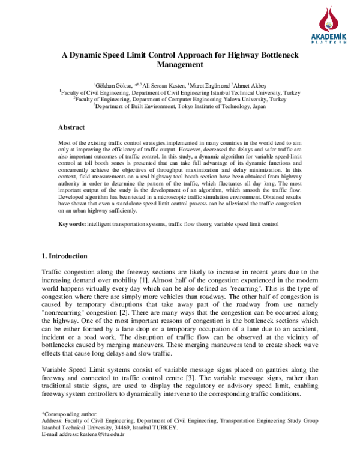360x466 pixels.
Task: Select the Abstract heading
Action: click(x=71, y=127)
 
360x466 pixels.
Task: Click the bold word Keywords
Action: click(x=71, y=224)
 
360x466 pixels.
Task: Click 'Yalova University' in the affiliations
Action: click(x=239, y=100)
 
